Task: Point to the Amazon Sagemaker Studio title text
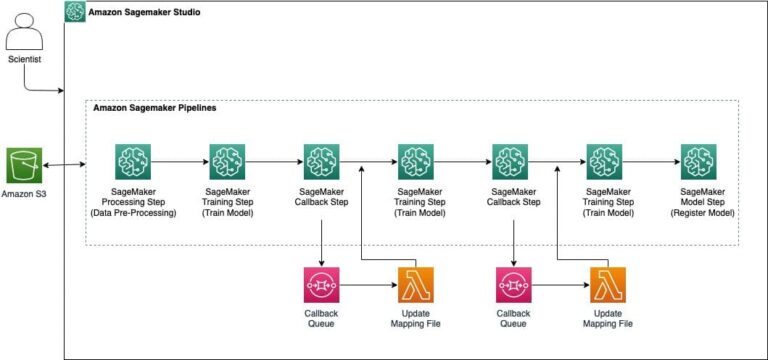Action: (144, 13)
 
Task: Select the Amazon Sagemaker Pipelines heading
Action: (154, 107)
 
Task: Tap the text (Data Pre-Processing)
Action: (133, 211)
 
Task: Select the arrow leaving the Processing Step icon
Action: (179, 160)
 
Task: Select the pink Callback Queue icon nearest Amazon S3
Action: (321, 286)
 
